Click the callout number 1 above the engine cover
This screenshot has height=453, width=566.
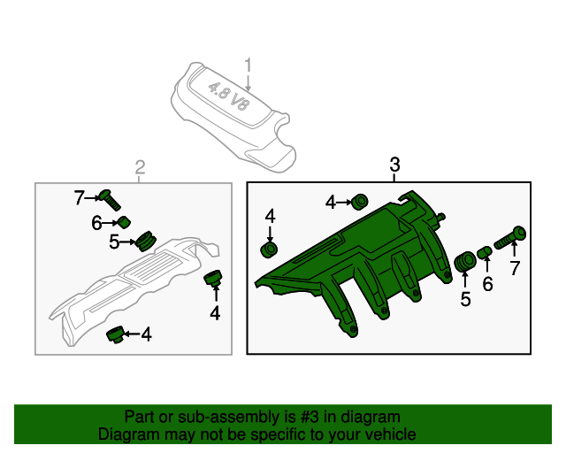click(248, 65)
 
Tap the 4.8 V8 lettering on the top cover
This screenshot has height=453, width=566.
click(229, 96)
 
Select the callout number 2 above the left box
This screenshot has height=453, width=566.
click(140, 167)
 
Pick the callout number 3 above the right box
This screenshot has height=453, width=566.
click(395, 165)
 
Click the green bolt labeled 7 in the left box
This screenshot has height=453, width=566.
click(110, 200)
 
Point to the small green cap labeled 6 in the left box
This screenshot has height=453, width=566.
click(124, 223)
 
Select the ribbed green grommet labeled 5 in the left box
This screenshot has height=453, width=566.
click(146, 241)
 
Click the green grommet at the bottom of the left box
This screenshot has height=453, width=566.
click(116, 334)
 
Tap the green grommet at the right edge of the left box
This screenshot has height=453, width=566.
click(213, 278)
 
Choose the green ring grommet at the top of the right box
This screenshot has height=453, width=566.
click(360, 202)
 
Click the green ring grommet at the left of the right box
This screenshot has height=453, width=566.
click(269, 250)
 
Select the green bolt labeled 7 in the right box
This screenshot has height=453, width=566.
click(509, 237)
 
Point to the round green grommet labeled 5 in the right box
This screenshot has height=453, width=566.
click(465, 261)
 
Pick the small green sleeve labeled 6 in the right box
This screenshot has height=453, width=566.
click(485, 252)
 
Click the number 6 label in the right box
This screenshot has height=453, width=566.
click(487, 284)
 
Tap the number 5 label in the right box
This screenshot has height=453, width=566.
click(466, 299)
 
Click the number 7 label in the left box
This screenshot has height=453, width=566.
click(79, 198)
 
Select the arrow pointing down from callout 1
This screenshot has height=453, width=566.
click(248, 82)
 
